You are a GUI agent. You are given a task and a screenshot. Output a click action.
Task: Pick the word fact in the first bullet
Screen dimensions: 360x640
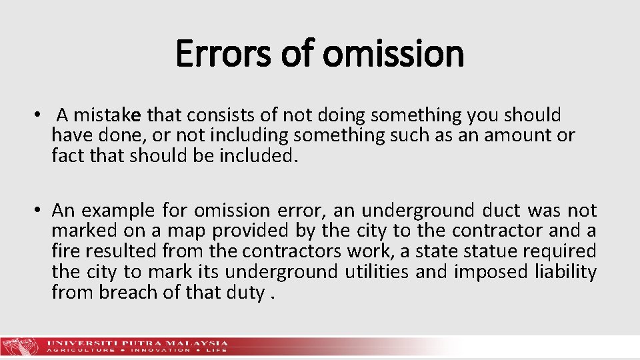(x=65, y=156)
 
